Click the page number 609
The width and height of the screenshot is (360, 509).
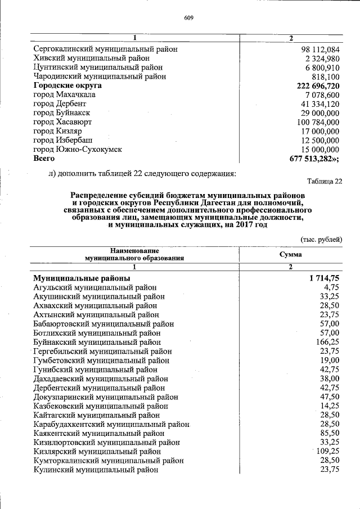click(188, 17)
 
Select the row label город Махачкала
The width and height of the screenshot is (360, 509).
click(64, 94)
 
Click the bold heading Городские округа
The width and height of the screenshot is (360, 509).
click(67, 85)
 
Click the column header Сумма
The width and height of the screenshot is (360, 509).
click(290, 254)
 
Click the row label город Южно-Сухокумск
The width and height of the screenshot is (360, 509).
click(78, 150)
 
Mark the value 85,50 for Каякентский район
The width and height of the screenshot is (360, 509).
click(329, 433)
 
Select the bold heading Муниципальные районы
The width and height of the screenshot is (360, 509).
click(82, 278)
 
